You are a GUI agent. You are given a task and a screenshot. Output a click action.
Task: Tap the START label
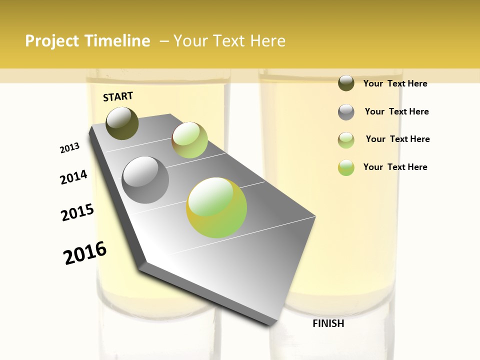tap(118, 96)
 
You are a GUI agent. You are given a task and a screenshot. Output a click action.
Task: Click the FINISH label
tap(328, 323)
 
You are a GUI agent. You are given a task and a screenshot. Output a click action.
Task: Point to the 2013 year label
tap(70, 148)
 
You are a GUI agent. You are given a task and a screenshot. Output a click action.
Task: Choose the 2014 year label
tap(74, 177)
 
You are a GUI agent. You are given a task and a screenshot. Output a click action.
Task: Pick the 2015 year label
tap(77, 212)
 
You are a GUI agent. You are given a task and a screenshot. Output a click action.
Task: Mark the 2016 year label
tap(85, 253)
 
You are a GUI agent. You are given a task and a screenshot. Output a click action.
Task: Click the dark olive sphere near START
tap(122, 123)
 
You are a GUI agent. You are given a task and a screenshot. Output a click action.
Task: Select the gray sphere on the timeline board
tap(145, 180)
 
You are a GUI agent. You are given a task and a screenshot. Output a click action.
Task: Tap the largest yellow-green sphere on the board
tap(216, 207)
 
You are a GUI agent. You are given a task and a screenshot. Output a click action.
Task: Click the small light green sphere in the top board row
tap(190, 140)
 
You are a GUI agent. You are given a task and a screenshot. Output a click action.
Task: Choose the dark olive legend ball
tap(346, 83)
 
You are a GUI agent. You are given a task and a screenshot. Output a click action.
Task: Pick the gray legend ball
tap(346, 112)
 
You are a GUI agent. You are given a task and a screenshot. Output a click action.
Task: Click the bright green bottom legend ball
tap(346, 167)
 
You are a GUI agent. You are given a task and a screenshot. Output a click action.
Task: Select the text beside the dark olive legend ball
tap(395, 83)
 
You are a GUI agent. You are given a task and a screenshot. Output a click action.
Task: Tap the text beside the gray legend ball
tap(396, 111)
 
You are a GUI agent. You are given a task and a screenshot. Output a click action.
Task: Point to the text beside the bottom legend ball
tap(395, 167)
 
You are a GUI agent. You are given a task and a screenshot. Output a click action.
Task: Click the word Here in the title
tap(267, 41)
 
